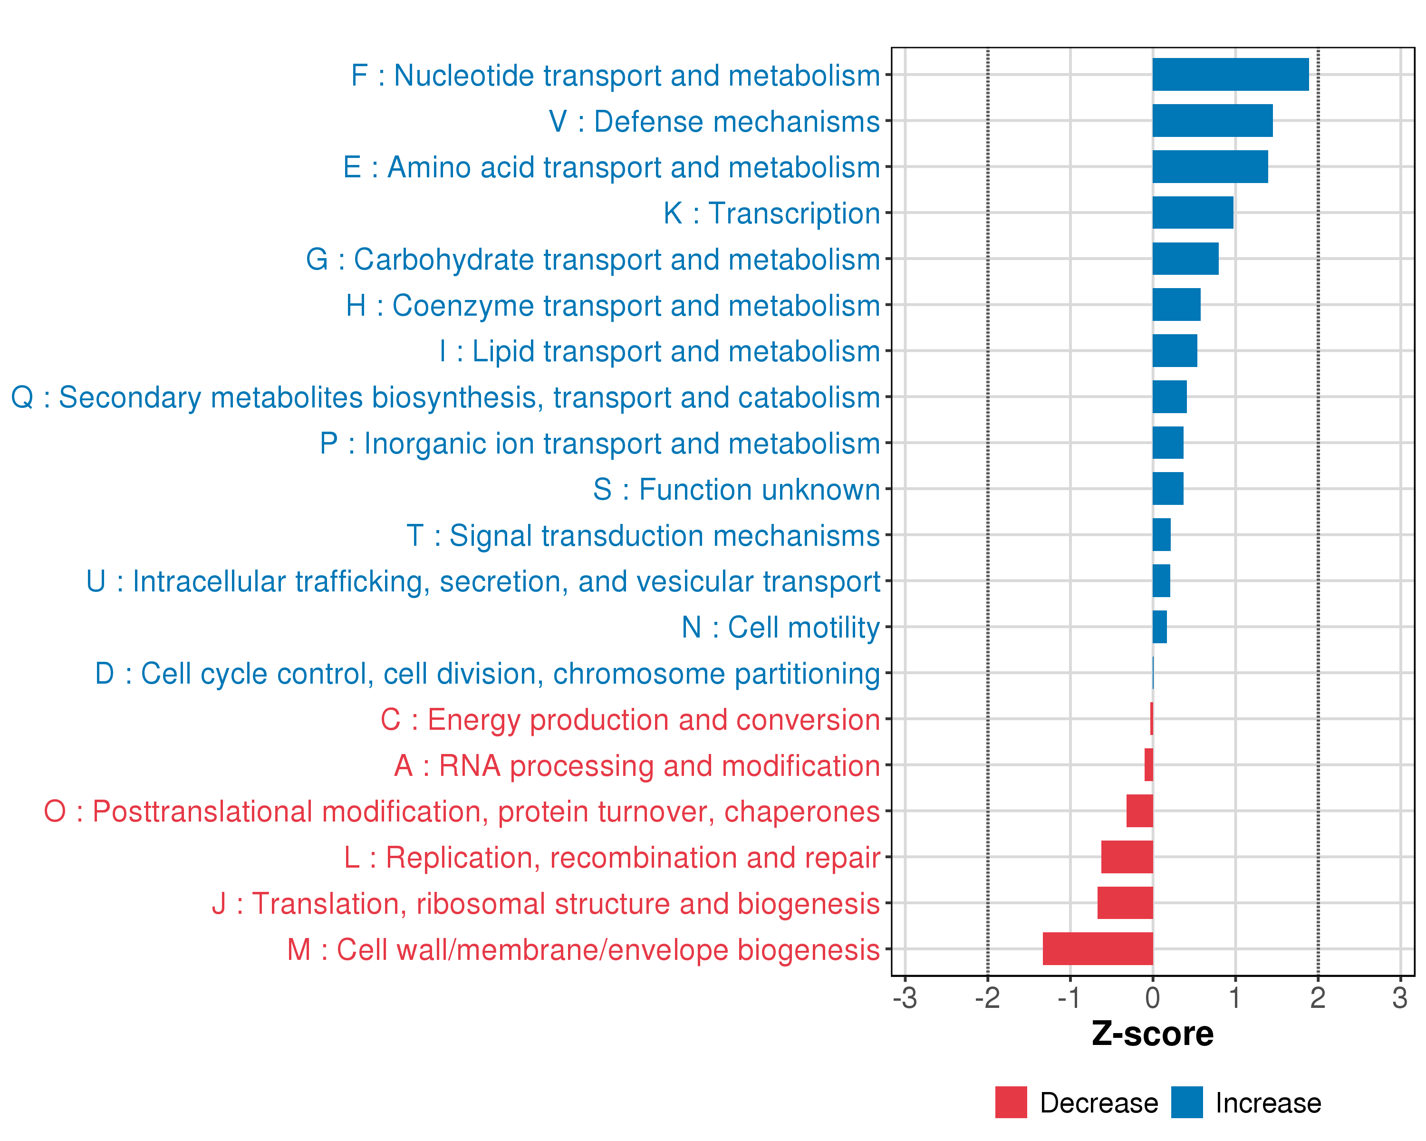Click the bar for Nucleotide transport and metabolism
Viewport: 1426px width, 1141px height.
tap(1230, 74)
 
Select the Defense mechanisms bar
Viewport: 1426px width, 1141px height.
tap(1213, 120)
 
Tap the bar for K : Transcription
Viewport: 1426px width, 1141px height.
tap(1193, 213)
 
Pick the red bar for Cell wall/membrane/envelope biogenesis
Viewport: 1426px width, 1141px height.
tap(1098, 948)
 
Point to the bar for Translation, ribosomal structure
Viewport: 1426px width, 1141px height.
tap(1125, 903)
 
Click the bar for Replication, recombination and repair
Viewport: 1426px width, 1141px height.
tap(1127, 857)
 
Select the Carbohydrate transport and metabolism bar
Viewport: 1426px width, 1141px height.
tap(1185, 259)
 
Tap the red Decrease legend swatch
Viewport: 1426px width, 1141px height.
tap(1011, 1102)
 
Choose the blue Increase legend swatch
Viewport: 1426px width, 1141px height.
tap(1186, 1102)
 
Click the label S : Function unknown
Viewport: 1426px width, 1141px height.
tap(736, 490)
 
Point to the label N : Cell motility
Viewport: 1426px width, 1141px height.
tap(780, 627)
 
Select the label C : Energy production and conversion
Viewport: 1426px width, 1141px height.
tap(630, 720)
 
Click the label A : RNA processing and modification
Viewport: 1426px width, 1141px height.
tap(637, 766)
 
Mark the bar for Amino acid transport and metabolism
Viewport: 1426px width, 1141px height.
tap(1210, 167)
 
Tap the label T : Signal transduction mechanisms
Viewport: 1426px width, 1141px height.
tap(643, 536)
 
